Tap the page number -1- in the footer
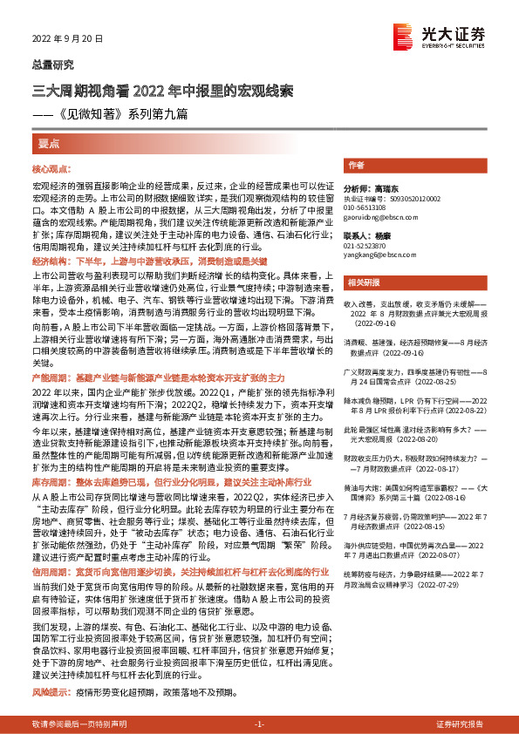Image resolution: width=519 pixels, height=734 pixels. (x=259, y=724)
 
